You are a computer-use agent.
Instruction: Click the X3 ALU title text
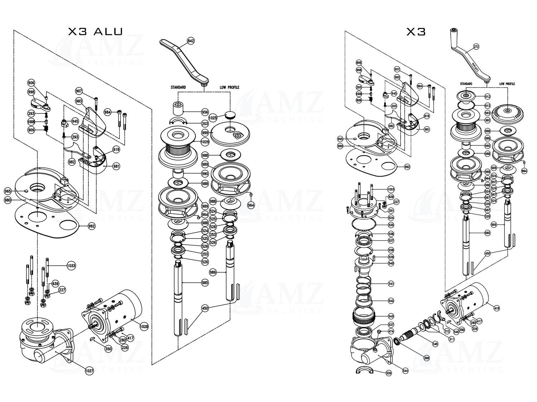coord(95,31)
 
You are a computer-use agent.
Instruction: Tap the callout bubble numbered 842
coord(191,41)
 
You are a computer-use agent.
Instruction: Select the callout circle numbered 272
coord(476,46)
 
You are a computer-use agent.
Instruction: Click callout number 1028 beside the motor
coord(144,326)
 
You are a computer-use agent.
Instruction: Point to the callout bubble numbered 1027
coord(89,371)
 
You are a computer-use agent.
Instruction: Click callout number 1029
coord(205,142)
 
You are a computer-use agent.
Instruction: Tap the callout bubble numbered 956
coord(205,112)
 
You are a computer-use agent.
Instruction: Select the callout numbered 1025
coord(213,118)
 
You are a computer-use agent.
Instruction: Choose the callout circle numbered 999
coord(205,133)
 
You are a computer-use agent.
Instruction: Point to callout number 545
coord(435,344)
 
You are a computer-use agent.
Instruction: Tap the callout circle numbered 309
coord(426,358)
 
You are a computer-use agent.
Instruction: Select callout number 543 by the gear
coord(391,317)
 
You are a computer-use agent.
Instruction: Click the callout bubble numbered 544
coord(405,371)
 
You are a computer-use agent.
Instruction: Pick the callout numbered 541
coord(391,284)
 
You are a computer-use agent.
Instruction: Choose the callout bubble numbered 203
coord(205,124)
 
